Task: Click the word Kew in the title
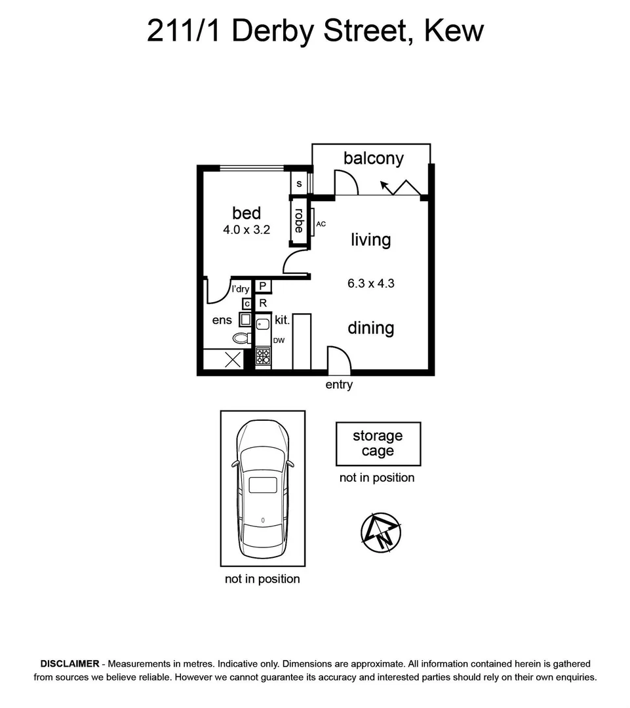click(x=454, y=31)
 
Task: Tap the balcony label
click(x=374, y=159)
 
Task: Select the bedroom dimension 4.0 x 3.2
click(x=246, y=230)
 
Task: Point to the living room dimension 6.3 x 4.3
click(x=371, y=284)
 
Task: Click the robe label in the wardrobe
click(x=299, y=220)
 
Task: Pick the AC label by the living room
click(x=321, y=224)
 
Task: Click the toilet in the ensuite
click(x=242, y=338)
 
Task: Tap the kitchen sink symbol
click(x=263, y=323)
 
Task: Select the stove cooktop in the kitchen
click(x=263, y=356)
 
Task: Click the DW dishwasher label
click(x=279, y=341)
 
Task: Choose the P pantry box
click(x=263, y=286)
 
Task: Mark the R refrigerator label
click(x=263, y=304)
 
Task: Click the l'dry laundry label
click(x=240, y=289)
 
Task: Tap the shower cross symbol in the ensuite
click(x=233, y=360)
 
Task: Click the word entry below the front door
click(x=339, y=385)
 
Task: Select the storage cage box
click(x=378, y=444)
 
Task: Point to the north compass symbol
click(x=381, y=532)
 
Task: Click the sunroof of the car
click(x=263, y=485)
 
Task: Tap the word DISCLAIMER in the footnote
click(x=70, y=663)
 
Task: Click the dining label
click(x=371, y=328)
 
